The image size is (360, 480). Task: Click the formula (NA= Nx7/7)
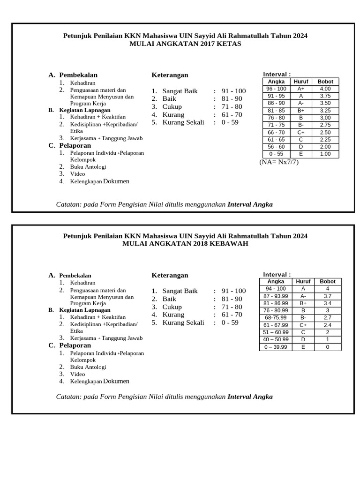click(x=279, y=162)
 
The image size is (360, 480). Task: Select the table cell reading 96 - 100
click(x=276, y=89)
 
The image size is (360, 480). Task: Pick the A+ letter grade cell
click(x=300, y=89)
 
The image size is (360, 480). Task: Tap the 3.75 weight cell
click(x=325, y=96)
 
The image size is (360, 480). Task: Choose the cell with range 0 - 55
click(x=276, y=154)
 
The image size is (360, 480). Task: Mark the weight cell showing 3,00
click(x=325, y=118)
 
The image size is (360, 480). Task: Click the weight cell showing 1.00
click(x=325, y=154)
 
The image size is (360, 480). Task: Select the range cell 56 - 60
click(x=276, y=147)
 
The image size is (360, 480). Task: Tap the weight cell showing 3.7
click(x=328, y=296)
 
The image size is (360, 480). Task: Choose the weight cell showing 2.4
click(x=328, y=325)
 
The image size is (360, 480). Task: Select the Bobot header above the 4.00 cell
click(x=325, y=82)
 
